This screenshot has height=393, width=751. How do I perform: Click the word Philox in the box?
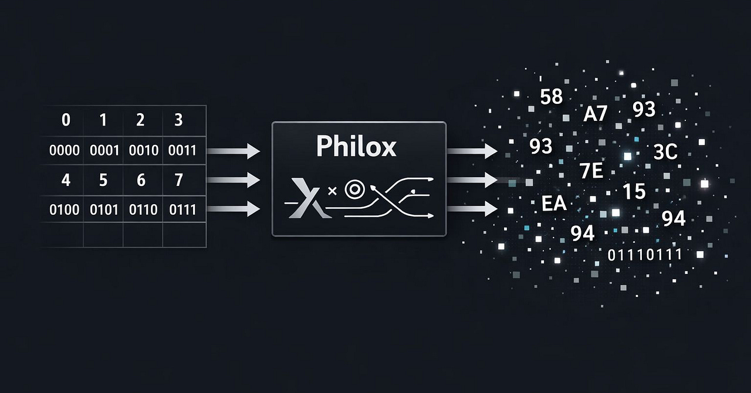pos(356,147)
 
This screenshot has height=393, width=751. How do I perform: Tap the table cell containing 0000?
pos(65,151)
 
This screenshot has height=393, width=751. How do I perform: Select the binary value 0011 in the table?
pos(182,151)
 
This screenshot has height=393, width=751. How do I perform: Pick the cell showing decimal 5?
pos(103,180)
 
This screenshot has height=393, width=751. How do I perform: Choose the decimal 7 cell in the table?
pos(178,180)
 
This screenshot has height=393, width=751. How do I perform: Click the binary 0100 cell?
pos(65,209)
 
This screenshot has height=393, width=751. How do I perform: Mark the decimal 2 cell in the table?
pos(140,120)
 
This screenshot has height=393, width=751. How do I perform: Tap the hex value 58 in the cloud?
pos(552,97)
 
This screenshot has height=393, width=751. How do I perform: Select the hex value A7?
pos(596,114)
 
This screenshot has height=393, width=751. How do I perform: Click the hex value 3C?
pos(665,153)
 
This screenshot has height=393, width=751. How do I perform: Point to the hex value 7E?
pos(591,172)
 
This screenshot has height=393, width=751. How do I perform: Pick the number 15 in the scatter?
pos(634,191)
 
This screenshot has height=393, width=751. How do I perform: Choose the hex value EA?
pos(554,204)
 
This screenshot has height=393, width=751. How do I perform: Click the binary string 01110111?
pos(645,255)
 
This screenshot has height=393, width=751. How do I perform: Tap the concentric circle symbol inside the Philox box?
pos(353,189)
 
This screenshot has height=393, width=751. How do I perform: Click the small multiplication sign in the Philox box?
pos(333,191)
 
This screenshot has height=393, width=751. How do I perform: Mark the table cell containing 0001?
pos(104,151)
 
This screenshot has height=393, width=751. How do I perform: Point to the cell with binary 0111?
pos(182,209)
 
